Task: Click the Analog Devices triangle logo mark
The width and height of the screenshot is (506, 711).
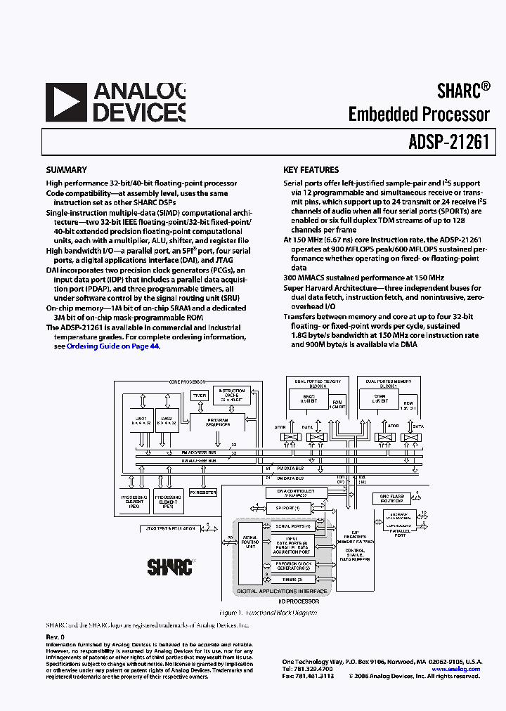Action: point(66,104)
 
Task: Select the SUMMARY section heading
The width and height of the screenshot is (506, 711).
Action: point(66,170)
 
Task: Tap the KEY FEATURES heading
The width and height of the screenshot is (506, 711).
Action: point(311,170)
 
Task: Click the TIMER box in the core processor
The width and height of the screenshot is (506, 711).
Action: point(201,396)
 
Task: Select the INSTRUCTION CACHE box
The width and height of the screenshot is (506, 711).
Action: point(231,396)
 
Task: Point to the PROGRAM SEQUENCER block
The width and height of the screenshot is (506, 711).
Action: point(217,422)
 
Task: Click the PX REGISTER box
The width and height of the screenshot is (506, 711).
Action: point(203,493)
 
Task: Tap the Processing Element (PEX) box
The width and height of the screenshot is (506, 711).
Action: point(134,500)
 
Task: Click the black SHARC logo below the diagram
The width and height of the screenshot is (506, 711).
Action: point(169,566)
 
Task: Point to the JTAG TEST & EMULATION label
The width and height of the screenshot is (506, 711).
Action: point(169,527)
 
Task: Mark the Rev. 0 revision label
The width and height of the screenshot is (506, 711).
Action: point(55,637)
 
